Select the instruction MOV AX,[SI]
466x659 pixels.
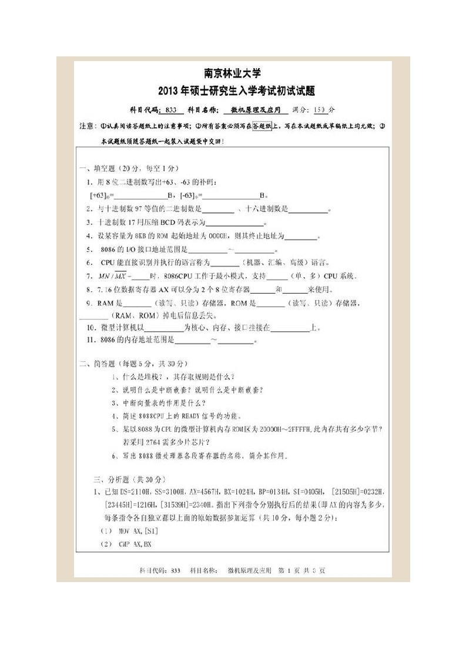pos(130,530)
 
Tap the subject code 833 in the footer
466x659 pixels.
pos(175,570)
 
